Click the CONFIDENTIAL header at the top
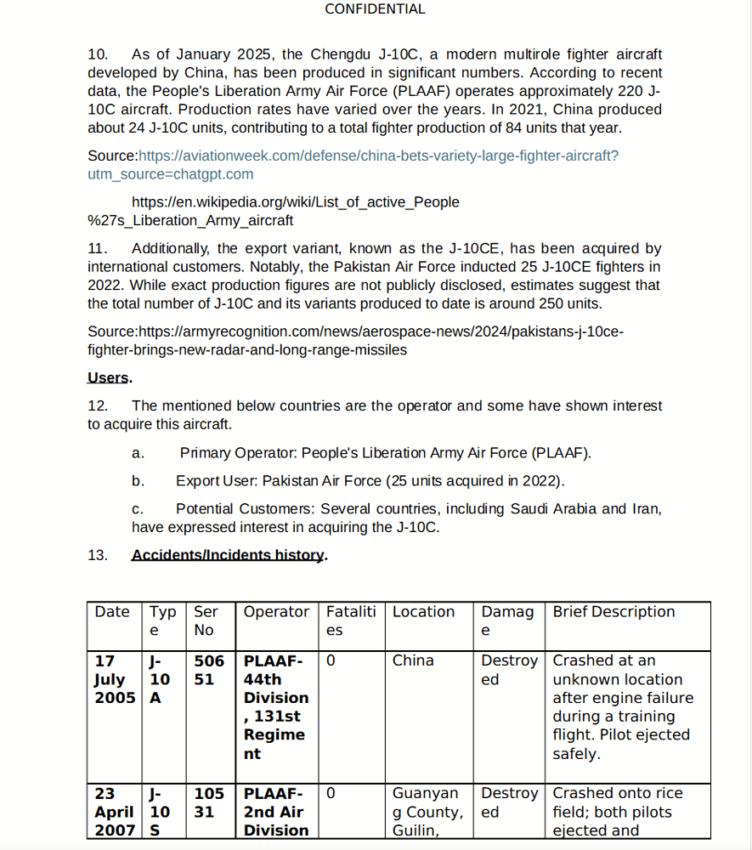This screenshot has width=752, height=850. [375, 9]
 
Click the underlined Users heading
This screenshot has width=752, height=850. [109, 377]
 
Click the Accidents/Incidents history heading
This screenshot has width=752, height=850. [229, 555]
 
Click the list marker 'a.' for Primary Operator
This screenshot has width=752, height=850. [138, 453]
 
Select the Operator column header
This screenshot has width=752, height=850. [276, 612]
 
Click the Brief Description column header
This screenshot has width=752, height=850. [613, 612]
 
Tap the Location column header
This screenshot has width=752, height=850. [423, 612]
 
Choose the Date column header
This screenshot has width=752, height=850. [112, 612]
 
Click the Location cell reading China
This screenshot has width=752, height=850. [413, 660]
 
